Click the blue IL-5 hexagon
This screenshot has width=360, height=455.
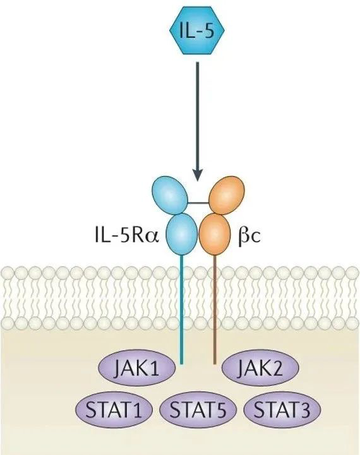click(x=197, y=30)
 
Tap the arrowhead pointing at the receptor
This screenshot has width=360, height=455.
click(x=198, y=175)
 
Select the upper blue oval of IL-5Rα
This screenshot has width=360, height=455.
click(x=170, y=196)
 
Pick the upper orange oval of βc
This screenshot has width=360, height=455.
click(x=227, y=196)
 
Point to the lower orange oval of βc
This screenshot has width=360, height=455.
click(x=214, y=234)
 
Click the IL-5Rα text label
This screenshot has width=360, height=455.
click(x=127, y=235)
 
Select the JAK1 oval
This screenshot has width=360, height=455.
click(x=137, y=367)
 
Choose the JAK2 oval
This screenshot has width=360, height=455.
click(x=260, y=367)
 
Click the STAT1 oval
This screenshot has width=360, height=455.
click(x=114, y=410)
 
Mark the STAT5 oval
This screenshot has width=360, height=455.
click(x=198, y=410)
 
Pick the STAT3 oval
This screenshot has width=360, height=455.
click(x=282, y=410)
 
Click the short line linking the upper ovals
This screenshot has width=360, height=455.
click(x=198, y=203)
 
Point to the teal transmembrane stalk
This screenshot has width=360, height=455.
click(x=182, y=309)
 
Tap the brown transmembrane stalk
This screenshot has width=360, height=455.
click(x=215, y=309)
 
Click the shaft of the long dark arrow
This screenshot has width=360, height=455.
click(x=198, y=116)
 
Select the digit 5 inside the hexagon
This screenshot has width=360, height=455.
click(x=208, y=31)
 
